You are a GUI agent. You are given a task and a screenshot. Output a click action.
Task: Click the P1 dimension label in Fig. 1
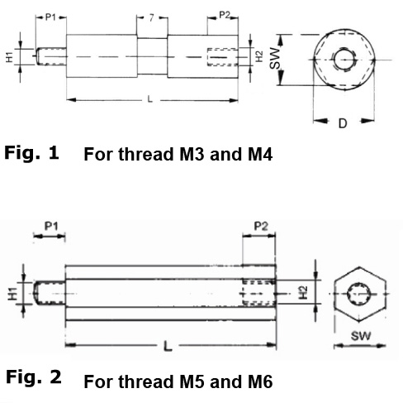coord(50,17)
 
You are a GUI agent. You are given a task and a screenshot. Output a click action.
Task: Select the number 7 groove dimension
coord(151,18)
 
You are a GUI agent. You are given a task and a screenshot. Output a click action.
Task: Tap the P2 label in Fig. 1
coord(225,15)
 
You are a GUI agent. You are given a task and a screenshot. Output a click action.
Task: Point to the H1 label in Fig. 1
coord(10,57)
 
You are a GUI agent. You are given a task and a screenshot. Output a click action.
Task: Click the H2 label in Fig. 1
coord(259,56)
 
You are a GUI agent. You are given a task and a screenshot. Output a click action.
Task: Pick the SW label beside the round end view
coord(275,58)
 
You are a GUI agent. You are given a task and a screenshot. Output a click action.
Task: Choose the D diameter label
coord(343,123)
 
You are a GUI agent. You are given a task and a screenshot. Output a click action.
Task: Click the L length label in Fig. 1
coord(150,99)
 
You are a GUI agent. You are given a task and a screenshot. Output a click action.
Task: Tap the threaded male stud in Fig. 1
coord(51,56)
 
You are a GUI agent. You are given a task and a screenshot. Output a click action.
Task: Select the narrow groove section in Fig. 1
coord(152,56)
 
